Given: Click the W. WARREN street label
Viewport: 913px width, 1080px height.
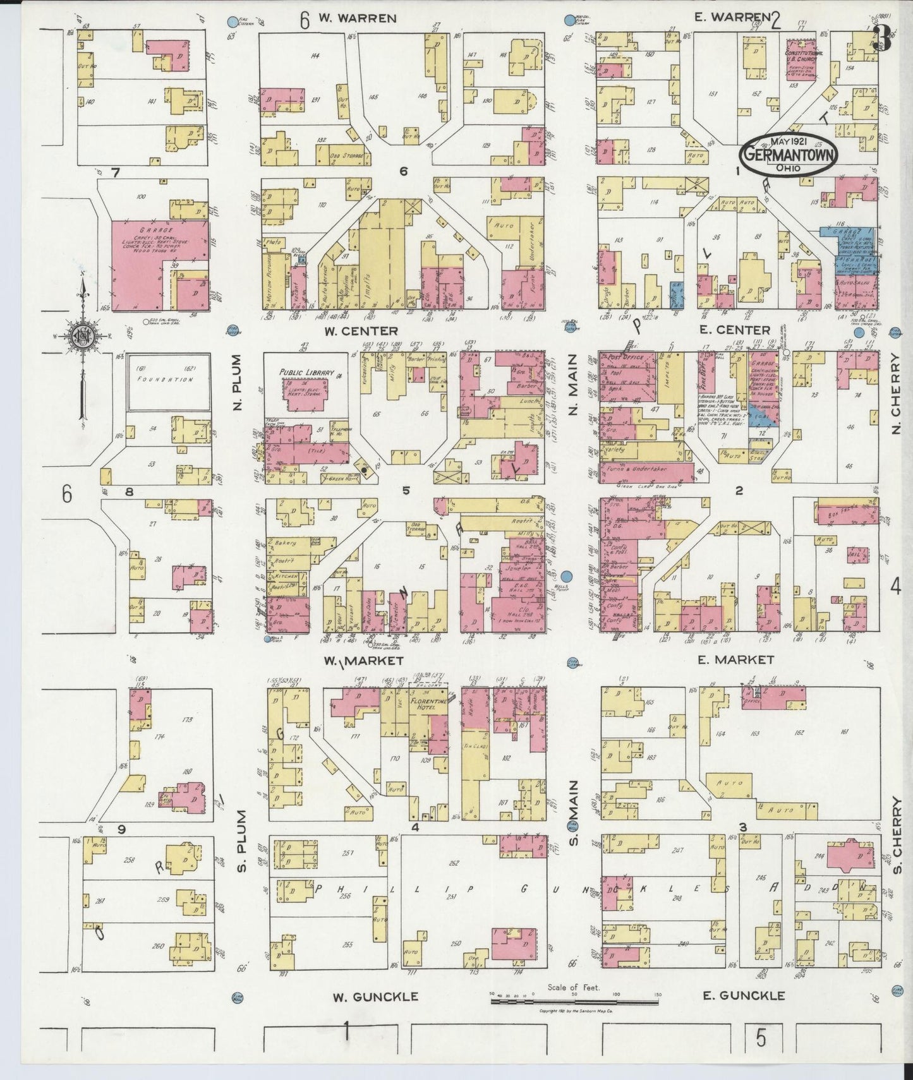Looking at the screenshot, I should (357, 18).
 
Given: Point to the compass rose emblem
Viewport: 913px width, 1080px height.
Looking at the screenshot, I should (82, 335).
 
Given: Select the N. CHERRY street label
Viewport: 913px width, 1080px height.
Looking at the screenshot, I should (895, 393).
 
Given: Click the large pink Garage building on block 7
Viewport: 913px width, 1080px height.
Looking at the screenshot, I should (158, 253).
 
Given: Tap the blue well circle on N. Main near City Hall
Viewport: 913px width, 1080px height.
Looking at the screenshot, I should (567, 576).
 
